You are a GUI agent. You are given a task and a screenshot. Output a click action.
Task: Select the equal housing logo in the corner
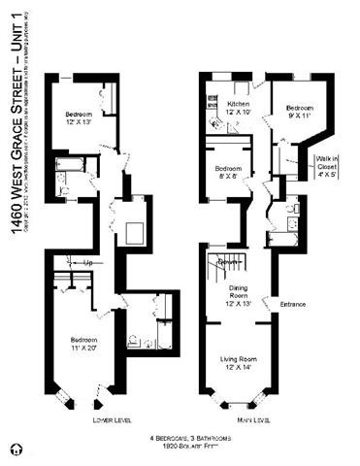pos(13,449)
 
